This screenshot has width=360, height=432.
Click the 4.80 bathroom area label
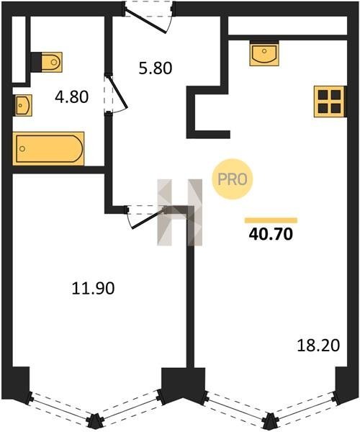pyautogui.click(x=71, y=97)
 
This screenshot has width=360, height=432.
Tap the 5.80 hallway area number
pyautogui.click(x=156, y=68)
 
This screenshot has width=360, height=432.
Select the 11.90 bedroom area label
pyautogui.click(x=93, y=289)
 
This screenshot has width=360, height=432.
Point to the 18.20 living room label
pyautogui.click(x=318, y=346)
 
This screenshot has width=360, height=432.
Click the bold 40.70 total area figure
pyautogui.click(x=271, y=235)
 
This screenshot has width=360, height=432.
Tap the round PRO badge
pyautogui.click(x=232, y=179)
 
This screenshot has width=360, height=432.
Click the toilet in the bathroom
pyautogui.click(x=47, y=62)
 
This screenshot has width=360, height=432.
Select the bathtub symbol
pyautogui.click(x=48, y=149)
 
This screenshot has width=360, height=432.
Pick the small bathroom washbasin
pyautogui.click(x=22, y=105)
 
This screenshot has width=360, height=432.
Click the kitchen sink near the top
pyautogui.click(x=264, y=53)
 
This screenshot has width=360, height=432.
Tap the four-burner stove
pyautogui.click(x=330, y=102)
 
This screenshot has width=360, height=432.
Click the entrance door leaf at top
pyautogui.click(x=145, y=21)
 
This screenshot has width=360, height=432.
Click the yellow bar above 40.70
pyautogui.click(x=271, y=220)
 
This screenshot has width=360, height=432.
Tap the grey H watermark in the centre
pyautogui.click(x=179, y=212)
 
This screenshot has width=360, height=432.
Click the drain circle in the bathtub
pyautogui.click(x=22, y=149)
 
